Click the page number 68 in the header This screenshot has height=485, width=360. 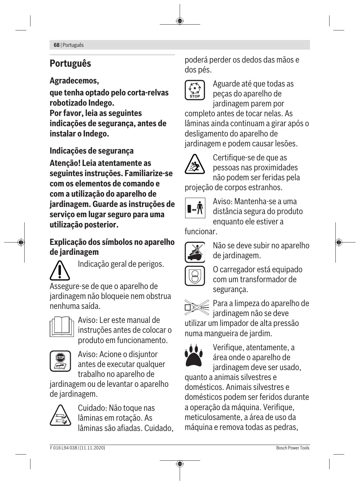pyautogui.click(x=56, y=45)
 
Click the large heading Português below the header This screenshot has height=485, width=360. pyautogui.click(x=70, y=64)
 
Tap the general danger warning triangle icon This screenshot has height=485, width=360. pyautogui.click(x=60, y=270)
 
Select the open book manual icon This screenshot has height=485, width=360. pyautogui.click(x=62, y=327)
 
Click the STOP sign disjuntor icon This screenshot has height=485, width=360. pyautogui.click(x=60, y=361)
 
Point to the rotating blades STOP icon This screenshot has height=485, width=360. pyautogui.click(x=195, y=90)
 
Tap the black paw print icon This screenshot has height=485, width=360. pyautogui.click(x=194, y=355)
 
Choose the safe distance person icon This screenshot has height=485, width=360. pyautogui.click(x=195, y=208)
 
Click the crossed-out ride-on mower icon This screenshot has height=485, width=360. pyautogui.click(x=195, y=252)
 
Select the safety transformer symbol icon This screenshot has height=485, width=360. pyautogui.click(x=195, y=276)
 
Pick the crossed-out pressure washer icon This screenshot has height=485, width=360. pyautogui.click(x=196, y=307)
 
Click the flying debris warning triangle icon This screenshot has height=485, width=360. pyautogui.click(x=194, y=164)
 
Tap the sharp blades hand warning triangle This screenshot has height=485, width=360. pyautogui.click(x=60, y=415)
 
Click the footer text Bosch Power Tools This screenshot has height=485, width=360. pyautogui.click(x=293, y=448)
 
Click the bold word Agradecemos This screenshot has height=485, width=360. pyautogui.click(x=74, y=81)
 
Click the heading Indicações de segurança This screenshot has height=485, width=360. pyautogui.click(x=92, y=151)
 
